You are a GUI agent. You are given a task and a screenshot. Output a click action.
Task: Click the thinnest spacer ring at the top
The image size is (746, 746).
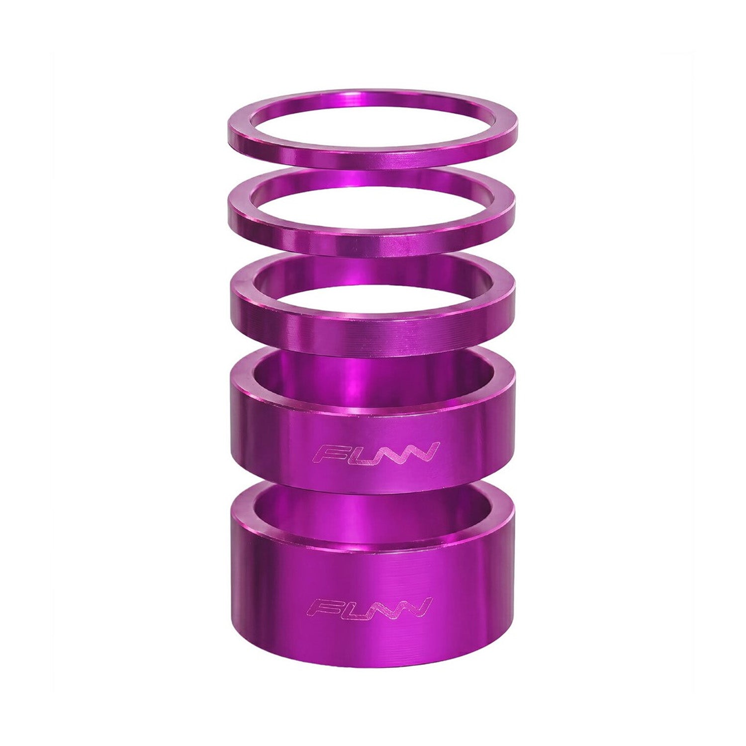[x=372, y=158]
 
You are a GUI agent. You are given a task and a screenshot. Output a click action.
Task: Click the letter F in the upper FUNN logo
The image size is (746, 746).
[x=329, y=453]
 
